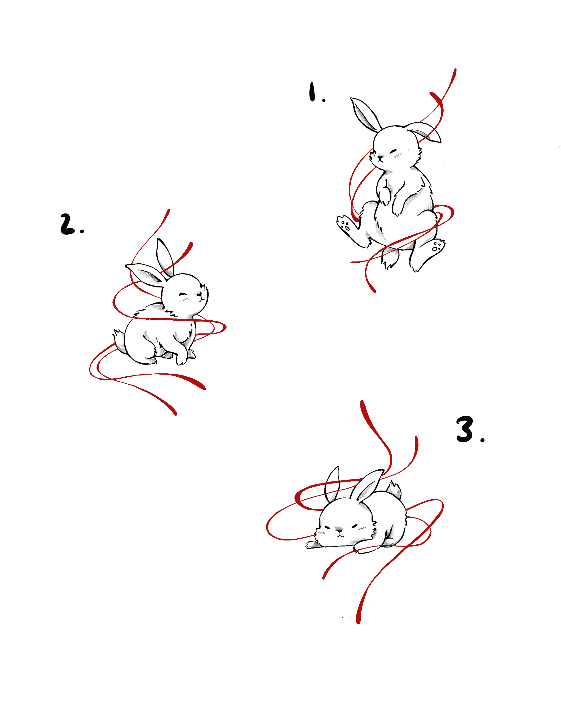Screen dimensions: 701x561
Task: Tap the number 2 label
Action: [67, 224]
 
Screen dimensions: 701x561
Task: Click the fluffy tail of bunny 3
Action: [394, 490]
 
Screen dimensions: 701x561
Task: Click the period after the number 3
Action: [482, 440]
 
